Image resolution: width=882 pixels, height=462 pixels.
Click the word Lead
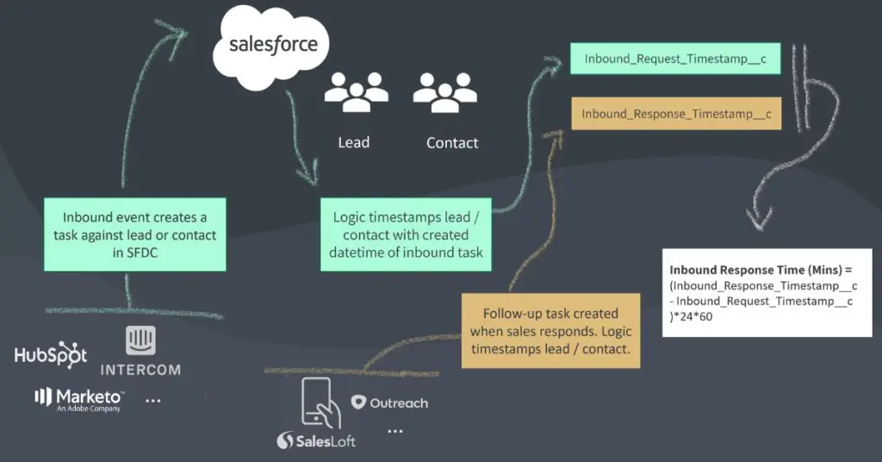[x=353, y=142]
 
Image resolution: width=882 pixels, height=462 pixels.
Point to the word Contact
[x=452, y=143]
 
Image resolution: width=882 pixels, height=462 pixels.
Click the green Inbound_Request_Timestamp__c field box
[x=675, y=59]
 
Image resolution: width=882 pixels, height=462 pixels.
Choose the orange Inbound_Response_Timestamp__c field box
[x=676, y=113]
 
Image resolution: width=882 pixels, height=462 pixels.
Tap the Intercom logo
[x=140, y=352]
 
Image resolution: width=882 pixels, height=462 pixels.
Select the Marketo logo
[x=79, y=397]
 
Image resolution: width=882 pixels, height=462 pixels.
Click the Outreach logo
[x=389, y=403]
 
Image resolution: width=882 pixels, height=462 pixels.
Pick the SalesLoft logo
[x=316, y=440]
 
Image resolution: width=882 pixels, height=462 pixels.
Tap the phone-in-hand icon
[x=320, y=402]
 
